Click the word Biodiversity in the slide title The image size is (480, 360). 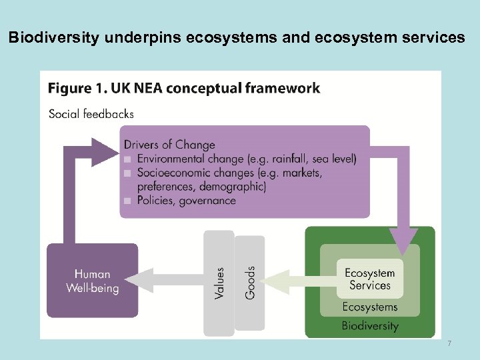[x=50, y=38]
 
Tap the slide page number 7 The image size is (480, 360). [x=449, y=343]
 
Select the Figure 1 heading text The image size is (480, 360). [x=184, y=88]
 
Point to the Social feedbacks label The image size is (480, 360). [x=91, y=113]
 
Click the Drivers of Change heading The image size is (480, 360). [x=169, y=145]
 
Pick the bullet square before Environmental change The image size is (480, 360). [x=128, y=159]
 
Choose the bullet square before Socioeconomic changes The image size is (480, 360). [x=128, y=173]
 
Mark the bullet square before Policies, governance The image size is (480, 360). [x=128, y=201]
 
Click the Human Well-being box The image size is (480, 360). [x=93, y=281]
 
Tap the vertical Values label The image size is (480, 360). [x=219, y=282]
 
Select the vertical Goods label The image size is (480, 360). [x=250, y=282]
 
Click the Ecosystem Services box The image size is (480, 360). [x=369, y=279]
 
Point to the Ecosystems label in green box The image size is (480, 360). [x=369, y=307]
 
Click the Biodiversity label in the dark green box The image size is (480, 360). [x=369, y=326]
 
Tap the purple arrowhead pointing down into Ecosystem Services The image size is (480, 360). [x=403, y=241]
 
